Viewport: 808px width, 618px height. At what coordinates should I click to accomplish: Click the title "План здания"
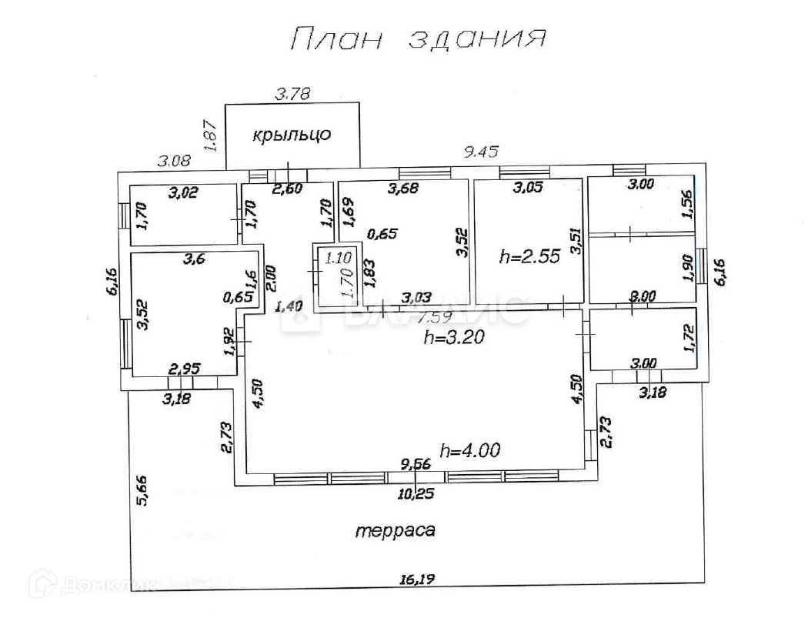418,38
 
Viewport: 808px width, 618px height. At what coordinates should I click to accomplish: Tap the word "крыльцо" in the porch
292,135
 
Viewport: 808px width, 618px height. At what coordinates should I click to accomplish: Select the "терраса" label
396,529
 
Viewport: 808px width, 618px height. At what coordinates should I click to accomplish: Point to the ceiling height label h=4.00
470,450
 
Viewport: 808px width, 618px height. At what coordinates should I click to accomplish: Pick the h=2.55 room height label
529,257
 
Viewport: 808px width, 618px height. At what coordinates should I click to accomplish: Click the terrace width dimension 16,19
416,580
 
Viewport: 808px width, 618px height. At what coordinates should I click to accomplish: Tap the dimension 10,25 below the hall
417,493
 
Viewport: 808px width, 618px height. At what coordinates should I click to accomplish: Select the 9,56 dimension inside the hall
416,463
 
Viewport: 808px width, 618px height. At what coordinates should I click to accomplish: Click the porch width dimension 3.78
292,95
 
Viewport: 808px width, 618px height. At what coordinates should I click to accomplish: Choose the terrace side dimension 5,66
141,490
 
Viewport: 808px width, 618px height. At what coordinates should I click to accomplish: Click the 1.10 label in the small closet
338,259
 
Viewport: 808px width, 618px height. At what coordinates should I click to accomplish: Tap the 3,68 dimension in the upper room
403,188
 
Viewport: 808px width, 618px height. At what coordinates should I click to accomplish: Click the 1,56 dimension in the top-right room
689,203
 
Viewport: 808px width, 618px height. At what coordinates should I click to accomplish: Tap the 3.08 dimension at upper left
173,161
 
